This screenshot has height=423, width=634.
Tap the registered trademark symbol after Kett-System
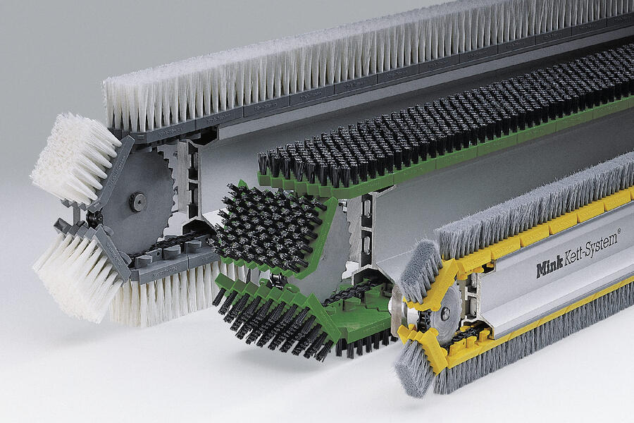[619, 231]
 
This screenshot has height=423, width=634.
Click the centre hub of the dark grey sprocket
[137, 201]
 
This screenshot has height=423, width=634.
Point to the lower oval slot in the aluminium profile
[367, 245]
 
